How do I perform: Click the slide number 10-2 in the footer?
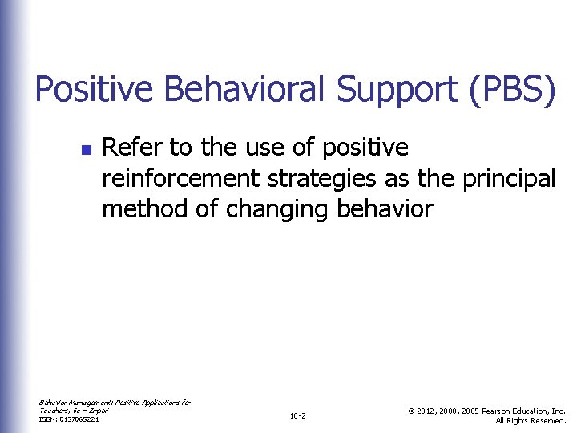coord(297,415)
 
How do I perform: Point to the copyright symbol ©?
coord(410,410)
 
